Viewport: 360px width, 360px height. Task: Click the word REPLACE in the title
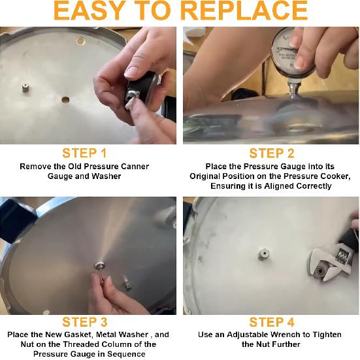245,10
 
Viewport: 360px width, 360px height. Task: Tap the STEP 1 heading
85,153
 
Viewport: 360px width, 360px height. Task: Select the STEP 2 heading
272,153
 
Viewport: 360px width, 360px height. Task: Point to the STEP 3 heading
85,322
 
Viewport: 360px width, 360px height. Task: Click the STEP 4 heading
272,322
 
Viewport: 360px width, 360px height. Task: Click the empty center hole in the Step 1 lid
65,100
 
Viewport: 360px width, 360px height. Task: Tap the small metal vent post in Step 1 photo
25,88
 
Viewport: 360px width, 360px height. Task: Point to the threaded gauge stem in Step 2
293,88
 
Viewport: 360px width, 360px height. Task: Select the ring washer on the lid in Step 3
101,266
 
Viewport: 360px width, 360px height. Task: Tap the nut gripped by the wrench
319,271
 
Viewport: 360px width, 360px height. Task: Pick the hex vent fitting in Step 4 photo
263,254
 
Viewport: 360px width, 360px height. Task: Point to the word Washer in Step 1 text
106,176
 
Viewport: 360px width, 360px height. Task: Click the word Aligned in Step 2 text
279,186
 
